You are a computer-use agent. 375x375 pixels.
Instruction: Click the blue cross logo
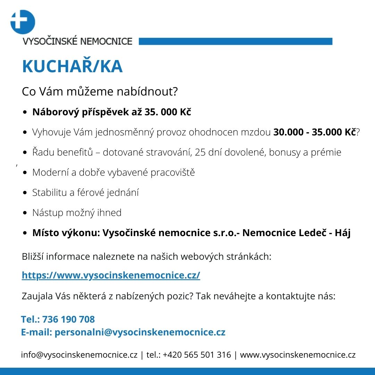click(23, 22)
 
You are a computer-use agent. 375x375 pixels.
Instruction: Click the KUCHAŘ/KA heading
click(72, 67)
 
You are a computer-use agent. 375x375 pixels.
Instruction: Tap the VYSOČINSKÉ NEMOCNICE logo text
click(77, 42)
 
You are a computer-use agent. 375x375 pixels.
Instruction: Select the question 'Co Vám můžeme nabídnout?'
click(100, 92)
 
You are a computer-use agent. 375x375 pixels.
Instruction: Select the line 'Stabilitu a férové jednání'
click(85, 193)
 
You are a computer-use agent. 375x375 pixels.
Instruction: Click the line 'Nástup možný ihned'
click(77, 213)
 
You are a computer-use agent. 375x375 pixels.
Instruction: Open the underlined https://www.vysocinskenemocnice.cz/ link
click(111, 275)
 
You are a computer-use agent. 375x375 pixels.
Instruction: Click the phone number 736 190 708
click(68, 319)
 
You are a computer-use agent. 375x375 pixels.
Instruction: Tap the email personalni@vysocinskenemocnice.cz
click(140, 332)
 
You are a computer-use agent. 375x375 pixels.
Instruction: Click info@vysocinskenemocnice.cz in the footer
click(80, 355)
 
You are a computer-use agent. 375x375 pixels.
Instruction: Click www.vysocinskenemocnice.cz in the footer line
click(298, 355)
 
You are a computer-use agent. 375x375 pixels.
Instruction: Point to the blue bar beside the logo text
click(235, 42)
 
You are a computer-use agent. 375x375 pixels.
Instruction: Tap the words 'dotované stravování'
click(147, 152)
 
